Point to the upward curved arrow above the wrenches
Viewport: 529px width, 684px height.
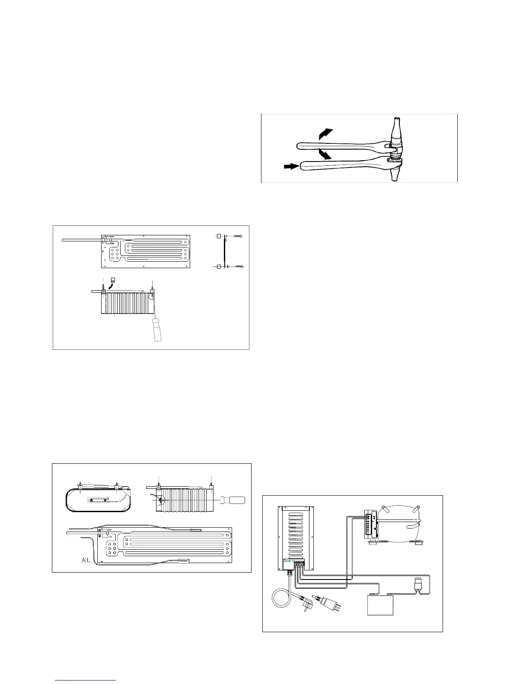[x=325, y=133]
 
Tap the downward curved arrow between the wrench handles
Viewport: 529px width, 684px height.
[x=325, y=154]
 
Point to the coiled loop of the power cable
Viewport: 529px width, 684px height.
[x=281, y=600]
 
